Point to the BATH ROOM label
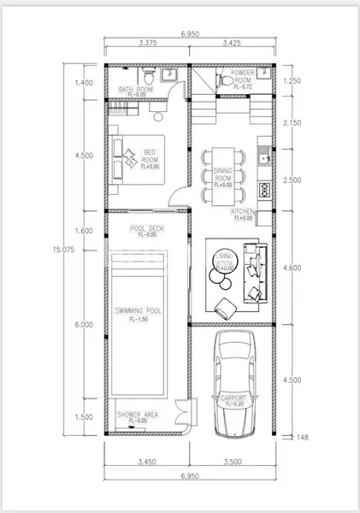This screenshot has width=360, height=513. [135, 90]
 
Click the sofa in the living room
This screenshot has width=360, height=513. [254, 272]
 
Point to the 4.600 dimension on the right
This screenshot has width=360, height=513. [293, 268]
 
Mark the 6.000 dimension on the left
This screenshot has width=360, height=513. [84, 325]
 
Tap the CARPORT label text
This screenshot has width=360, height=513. [233, 399]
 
